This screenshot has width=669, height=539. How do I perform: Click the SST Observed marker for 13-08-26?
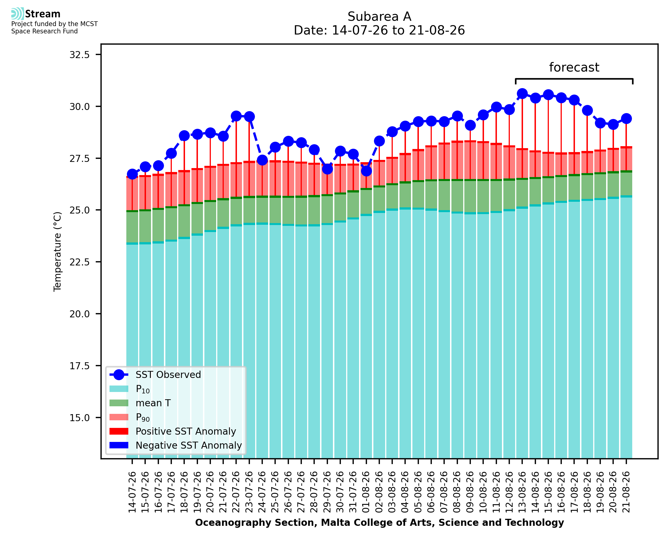pyautogui.click(x=522, y=93)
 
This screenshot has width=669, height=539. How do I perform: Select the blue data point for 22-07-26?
pyautogui.click(x=236, y=116)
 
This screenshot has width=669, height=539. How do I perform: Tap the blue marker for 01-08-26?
pyautogui.click(x=366, y=171)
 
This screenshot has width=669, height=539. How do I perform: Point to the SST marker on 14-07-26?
pyautogui.click(x=132, y=174)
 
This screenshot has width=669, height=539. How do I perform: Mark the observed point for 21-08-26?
pyautogui.click(x=626, y=119)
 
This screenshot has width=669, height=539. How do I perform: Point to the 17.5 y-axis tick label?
pyautogui.click(x=79, y=366)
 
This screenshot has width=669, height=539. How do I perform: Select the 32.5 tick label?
pyautogui.click(x=79, y=55)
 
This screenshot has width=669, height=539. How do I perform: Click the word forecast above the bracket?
pyautogui.click(x=574, y=67)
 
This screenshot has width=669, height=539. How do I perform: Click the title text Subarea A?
pyautogui.click(x=379, y=17)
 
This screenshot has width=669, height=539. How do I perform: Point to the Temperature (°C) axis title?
pyautogui.click(x=58, y=251)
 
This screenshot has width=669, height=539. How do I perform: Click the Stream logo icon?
pyautogui.click(x=17, y=14)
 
